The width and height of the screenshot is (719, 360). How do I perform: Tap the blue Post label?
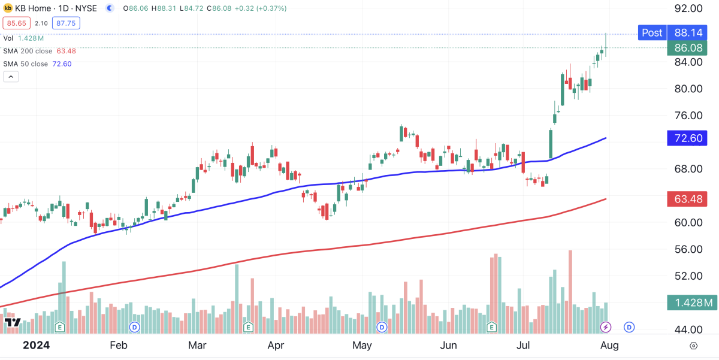[652, 33]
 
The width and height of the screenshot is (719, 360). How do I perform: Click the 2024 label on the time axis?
[35, 345]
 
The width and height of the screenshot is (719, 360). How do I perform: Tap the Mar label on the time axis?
[197, 345]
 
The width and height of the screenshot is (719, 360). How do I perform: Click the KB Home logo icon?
[8, 8]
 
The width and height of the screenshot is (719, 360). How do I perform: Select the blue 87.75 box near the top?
[66, 23]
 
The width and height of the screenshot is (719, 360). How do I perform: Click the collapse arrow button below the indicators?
[11, 77]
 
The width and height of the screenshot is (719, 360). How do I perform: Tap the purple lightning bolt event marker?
[606, 326]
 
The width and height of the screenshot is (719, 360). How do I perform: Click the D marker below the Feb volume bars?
[135, 326]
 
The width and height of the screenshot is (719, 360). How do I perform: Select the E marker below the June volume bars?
[492, 326]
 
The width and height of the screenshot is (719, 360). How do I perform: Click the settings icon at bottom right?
[694, 346]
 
